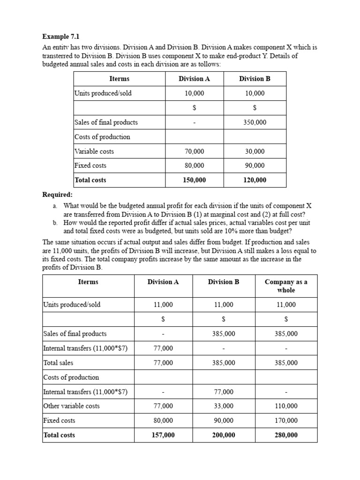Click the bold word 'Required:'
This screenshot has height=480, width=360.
pyautogui.click(x=58, y=195)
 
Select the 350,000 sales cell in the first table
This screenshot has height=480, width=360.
pyautogui.click(x=255, y=122)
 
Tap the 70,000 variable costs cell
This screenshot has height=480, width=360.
pyautogui.click(x=194, y=151)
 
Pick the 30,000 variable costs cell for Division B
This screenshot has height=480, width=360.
pyautogui.click(x=255, y=151)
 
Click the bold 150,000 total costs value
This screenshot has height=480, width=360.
pyautogui.click(x=194, y=180)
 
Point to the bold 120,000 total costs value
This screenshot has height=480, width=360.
pyautogui.click(x=255, y=180)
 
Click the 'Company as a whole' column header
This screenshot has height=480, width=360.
pyautogui.click(x=286, y=286)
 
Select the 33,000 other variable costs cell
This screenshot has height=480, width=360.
pyautogui.click(x=224, y=406)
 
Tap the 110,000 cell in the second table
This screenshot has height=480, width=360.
pyautogui.click(x=286, y=406)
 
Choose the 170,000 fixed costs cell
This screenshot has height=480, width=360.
pyautogui.click(x=286, y=420)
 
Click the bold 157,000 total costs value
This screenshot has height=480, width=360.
pyautogui.click(x=163, y=435)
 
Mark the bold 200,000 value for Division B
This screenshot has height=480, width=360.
pyautogui.click(x=224, y=435)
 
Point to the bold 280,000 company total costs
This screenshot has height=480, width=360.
pyautogui.click(x=286, y=435)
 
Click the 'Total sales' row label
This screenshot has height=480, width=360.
pyautogui.click(x=58, y=363)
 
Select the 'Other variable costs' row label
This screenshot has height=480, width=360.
pyautogui.click(x=71, y=406)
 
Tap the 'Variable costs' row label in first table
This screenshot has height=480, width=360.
pyautogui.click(x=94, y=151)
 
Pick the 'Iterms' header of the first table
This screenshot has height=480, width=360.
pyautogui.click(x=119, y=79)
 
